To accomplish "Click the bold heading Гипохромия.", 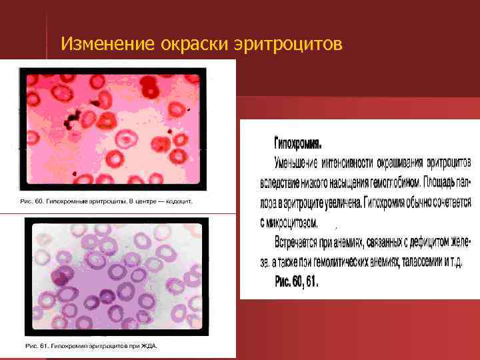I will [x=298, y=143].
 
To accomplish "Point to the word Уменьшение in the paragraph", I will [x=297, y=162].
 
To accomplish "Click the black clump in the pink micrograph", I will [x=75, y=121].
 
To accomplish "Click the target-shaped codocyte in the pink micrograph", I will [x=125, y=138].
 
